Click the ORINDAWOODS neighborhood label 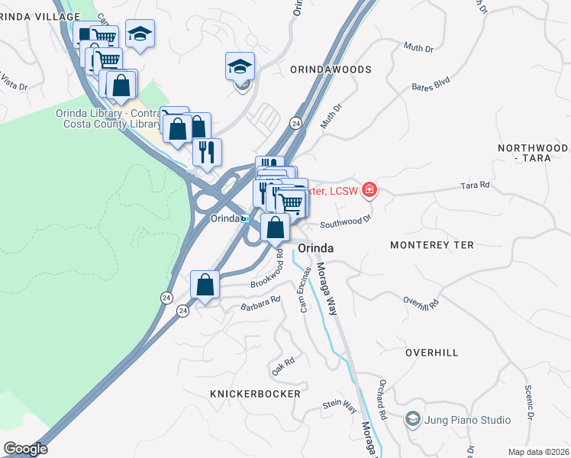coord(331,69)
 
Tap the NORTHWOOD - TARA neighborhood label coord(532,153)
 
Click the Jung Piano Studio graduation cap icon coord(413,419)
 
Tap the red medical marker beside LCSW coord(369,189)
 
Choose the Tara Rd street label coord(474,185)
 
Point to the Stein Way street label coord(340,405)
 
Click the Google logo coord(25,449)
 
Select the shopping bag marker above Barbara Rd coord(205,285)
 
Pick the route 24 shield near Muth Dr coord(295,123)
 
